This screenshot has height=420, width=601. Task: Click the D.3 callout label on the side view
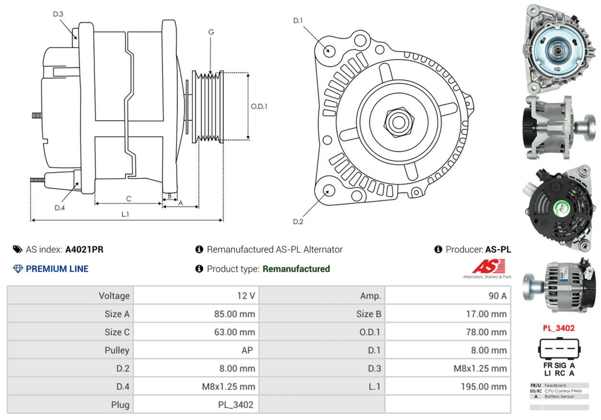[58, 14]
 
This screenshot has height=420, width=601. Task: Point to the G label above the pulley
[211, 32]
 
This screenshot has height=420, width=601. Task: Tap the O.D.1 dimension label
[259, 107]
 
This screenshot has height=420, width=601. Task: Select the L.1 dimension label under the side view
[126, 214]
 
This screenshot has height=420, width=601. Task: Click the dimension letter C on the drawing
[129, 198]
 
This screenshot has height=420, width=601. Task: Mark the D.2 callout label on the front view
[298, 222]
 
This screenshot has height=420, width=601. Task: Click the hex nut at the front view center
[397, 121]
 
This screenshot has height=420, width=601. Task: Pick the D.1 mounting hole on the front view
[329, 50]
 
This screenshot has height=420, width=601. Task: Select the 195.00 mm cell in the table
[486, 386]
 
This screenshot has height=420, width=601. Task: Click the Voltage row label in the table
[114, 295]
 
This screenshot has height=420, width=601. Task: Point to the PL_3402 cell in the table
[237, 404]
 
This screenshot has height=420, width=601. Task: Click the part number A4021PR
[79, 249]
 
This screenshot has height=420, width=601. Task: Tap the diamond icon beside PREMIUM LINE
[17, 269]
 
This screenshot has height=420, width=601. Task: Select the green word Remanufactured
[296, 269]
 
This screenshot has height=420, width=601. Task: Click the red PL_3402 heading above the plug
[558, 328]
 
